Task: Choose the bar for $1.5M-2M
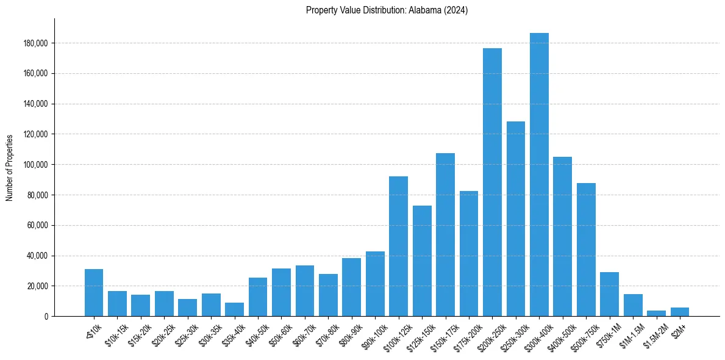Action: pyautogui.click(x=656, y=313)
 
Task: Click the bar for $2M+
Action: pyautogui.click(x=680, y=312)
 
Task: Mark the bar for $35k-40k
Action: pyautogui.click(x=234, y=309)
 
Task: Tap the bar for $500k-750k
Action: pyautogui.click(x=586, y=250)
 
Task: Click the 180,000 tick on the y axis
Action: pyautogui.click(x=37, y=43)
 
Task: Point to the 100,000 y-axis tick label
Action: pyautogui.click(x=37, y=165)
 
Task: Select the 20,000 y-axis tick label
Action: pyautogui.click(x=38, y=286)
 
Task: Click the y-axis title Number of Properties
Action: pyautogui.click(x=10, y=167)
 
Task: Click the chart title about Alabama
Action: pyautogui.click(x=387, y=10)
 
